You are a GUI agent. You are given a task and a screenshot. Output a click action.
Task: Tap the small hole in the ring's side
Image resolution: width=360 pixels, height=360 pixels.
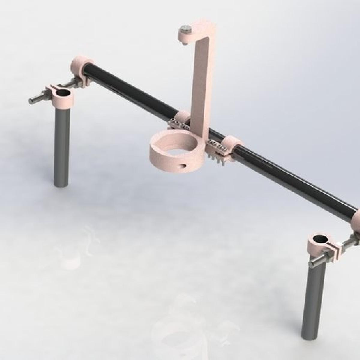coord(182,165)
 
